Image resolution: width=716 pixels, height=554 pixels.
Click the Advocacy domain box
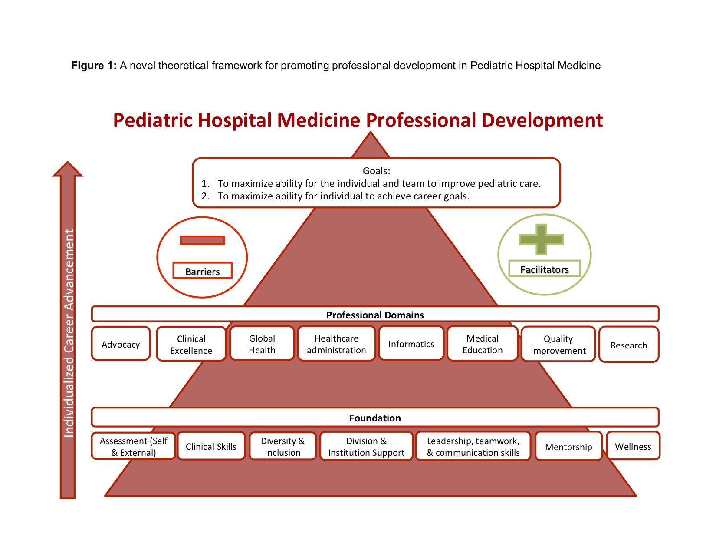(x=121, y=344)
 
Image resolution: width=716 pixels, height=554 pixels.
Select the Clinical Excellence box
(x=191, y=344)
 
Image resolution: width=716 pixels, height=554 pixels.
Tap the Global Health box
(x=262, y=344)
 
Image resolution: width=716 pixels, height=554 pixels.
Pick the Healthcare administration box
(x=336, y=344)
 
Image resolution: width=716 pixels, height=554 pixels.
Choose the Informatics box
(x=411, y=344)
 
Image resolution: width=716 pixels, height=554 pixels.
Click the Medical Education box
(x=483, y=344)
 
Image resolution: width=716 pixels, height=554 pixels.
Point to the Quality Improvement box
(x=558, y=344)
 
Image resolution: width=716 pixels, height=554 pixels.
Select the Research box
(x=629, y=345)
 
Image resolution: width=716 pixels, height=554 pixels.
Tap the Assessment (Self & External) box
(x=133, y=446)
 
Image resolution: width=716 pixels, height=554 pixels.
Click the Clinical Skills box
(x=211, y=446)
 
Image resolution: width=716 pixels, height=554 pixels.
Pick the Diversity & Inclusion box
(x=282, y=446)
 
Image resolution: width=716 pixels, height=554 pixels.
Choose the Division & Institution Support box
(x=366, y=446)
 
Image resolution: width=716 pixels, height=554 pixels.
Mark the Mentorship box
(x=568, y=446)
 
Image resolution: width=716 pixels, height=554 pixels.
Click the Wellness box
(x=633, y=446)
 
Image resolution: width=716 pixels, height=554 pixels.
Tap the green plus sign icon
(x=541, y=239)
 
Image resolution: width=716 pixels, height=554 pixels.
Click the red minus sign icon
(x=202, y=240)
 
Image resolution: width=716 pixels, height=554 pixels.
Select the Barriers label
(x=202, y=271)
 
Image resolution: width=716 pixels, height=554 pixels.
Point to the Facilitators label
(x=545, y=269)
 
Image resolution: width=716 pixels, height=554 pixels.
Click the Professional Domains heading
(x=375, y=315)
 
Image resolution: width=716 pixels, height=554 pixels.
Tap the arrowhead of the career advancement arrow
(x=68, y=169)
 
